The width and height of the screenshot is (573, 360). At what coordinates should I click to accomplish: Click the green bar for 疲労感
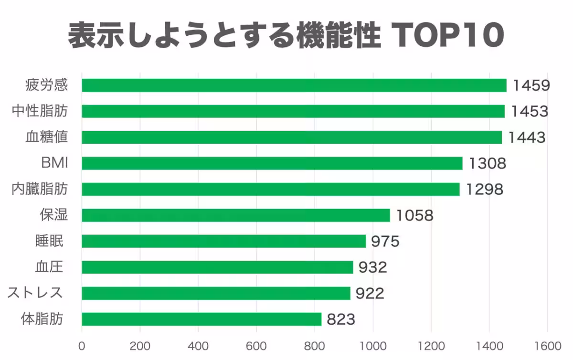coord(294,85)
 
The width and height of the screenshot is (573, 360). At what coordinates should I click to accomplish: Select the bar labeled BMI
coord(272,163)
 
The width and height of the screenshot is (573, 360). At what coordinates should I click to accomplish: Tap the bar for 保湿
coord(235,215)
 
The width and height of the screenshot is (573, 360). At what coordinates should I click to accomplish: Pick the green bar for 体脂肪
coord(201,319)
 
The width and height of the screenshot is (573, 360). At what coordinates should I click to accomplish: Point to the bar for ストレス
coord(216,293)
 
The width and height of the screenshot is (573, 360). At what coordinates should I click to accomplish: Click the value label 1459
coord(531,85)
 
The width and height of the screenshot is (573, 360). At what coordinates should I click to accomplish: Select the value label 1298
coord(484,190)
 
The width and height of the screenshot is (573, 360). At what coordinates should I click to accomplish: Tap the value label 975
coord(384,241)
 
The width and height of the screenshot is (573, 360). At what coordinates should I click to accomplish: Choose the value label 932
coord(372,267)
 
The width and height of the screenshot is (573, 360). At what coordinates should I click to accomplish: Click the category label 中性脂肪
coord(40,111)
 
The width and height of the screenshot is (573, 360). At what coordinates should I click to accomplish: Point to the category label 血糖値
coord(46,138)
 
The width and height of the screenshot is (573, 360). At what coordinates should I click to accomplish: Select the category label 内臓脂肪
coord(40,190)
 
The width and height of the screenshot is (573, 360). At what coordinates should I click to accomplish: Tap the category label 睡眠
coord(49,241)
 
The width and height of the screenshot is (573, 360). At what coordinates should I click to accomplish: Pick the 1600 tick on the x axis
coord(547,345)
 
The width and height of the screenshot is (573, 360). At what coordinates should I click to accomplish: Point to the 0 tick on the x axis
coord(82,345)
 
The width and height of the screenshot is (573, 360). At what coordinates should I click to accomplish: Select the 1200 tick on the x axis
coord(431,345)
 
